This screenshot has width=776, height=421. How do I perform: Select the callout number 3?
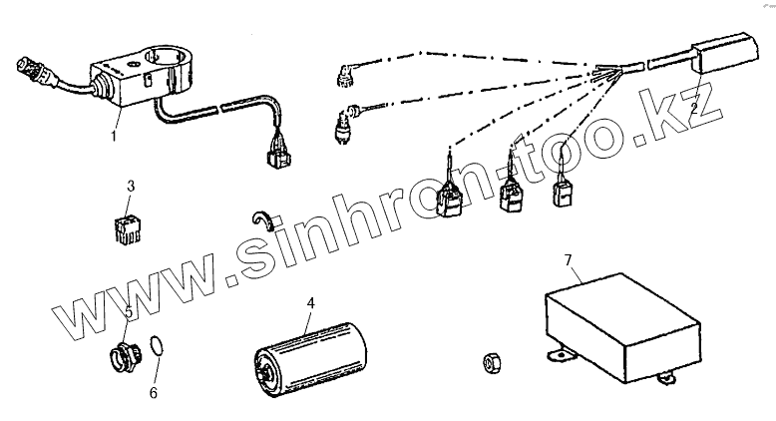coord(131,186)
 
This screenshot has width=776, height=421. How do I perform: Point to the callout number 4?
coord(310,301)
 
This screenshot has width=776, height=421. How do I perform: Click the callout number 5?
coord(129,312)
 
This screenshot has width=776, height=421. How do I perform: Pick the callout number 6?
coord(153,392)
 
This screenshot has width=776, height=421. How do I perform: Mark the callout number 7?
coord(569,261)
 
